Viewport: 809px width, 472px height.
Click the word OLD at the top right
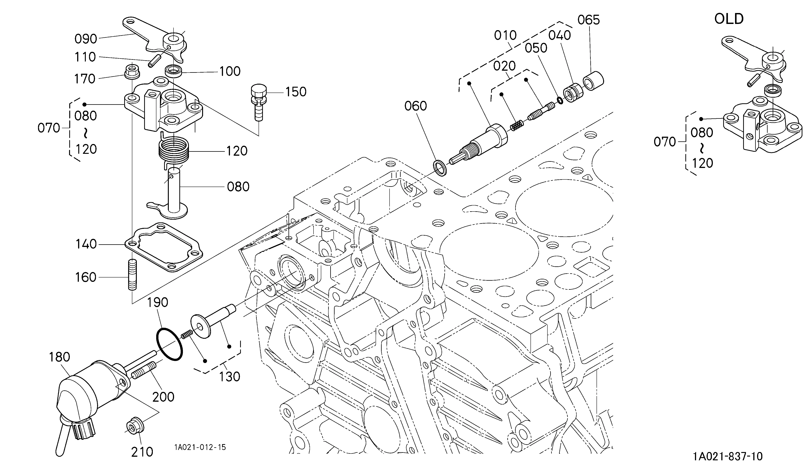(729, 19)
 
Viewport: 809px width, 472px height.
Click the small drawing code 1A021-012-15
(200, 447)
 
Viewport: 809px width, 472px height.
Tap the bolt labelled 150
(258, 102)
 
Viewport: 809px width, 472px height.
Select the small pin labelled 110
(154, 61)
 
